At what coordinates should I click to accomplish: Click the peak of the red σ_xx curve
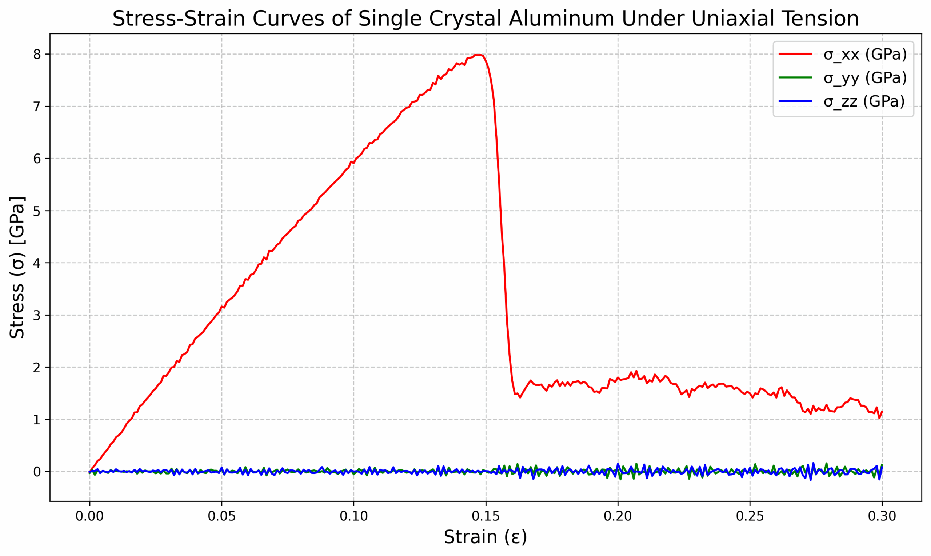(x=479, y=55)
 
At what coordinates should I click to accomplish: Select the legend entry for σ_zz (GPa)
(x=864, y=101)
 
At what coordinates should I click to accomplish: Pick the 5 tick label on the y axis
(x=37, y=211)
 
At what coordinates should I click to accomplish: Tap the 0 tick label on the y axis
(x=37, y=472)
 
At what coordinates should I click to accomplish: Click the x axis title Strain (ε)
(x=486, y=537)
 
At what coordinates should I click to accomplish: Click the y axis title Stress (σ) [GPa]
(x=17, y=267)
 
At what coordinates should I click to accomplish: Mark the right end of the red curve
(x=882, y=411)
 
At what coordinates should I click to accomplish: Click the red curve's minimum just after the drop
(x=520, y=397)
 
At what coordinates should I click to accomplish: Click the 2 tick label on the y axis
(x=37, y=368)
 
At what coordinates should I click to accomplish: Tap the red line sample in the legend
(x=795, y=54)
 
